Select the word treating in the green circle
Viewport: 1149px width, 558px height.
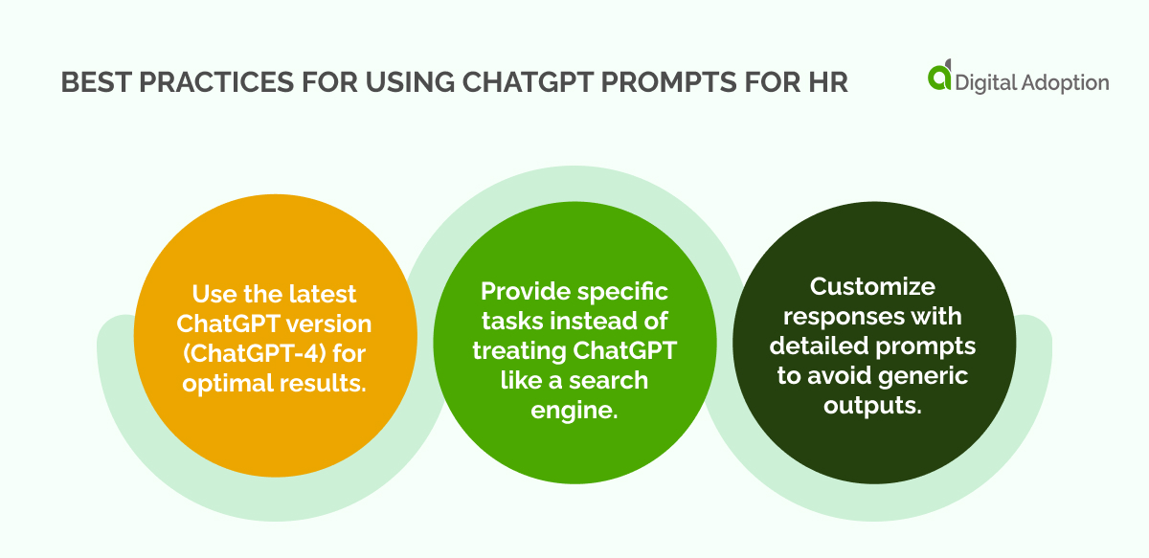click(x=517, y=350)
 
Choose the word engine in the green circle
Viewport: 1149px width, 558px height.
click(x=569, y=410)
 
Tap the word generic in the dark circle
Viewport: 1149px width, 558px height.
click(x=920, y=375)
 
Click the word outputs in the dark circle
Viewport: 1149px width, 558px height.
click(x=872, y=404)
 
